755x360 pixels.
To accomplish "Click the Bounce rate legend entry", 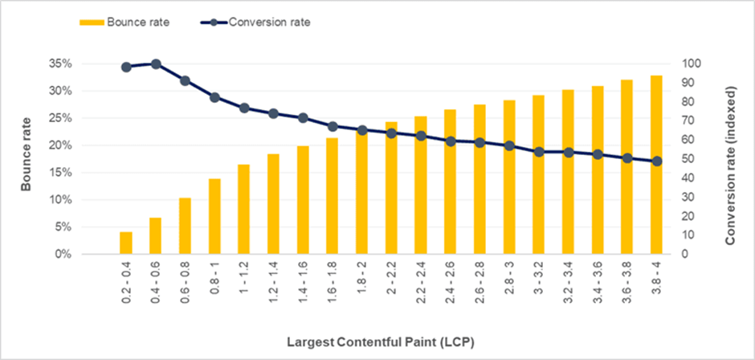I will pos(128,22).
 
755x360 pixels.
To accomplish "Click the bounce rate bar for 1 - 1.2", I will pos(243,209).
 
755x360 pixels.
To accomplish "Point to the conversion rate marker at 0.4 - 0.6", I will pos(156,64).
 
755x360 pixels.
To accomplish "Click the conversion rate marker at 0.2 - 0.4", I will pos(126,67).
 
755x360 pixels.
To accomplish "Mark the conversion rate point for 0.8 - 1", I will pos(214,97).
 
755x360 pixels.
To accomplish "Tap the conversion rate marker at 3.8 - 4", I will pos(656,162).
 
